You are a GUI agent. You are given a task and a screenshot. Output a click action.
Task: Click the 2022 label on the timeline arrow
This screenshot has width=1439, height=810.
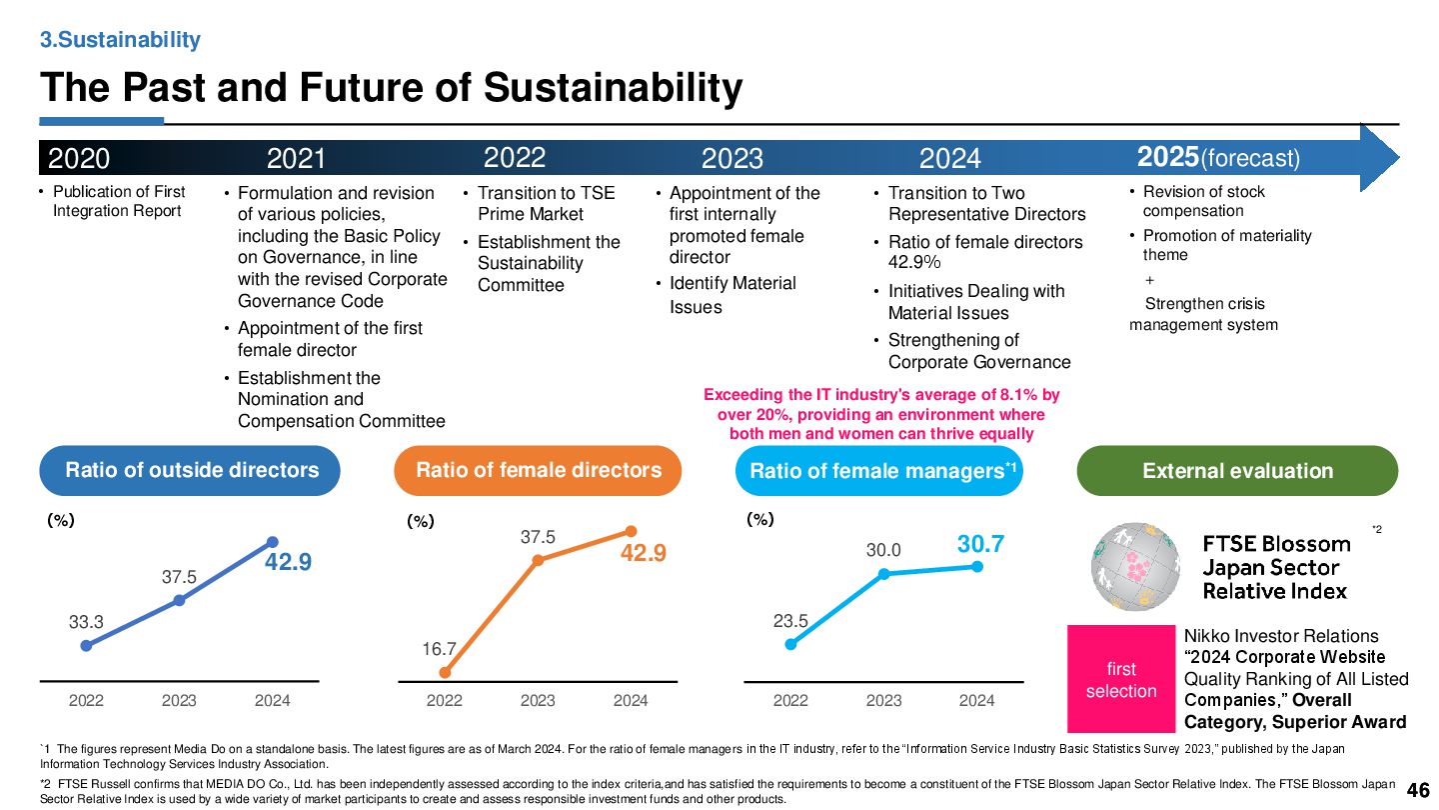(515, 157)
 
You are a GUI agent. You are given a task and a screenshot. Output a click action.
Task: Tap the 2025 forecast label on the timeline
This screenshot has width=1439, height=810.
(1218, 157)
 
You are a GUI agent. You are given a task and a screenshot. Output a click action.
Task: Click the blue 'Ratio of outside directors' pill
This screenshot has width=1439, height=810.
(191, 470)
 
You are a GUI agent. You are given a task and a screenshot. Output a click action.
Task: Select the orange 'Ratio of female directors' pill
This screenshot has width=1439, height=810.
(538, 470)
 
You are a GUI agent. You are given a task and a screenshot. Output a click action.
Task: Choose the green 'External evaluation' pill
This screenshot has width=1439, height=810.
(1237, 471)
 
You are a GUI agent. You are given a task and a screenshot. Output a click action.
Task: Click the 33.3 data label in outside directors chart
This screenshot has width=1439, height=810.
(86, 622)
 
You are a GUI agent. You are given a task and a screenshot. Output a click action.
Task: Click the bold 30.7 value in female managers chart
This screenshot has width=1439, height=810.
(980, 544)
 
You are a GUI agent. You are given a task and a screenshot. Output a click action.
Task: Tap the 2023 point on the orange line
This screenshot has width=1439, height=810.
(538, 560)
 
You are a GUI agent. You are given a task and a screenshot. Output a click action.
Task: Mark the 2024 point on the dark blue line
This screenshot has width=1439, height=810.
(272, 542)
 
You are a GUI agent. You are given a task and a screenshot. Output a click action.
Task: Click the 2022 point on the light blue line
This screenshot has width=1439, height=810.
(790, 644)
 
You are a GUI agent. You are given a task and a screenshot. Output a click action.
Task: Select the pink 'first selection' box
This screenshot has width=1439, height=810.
(1121, 679)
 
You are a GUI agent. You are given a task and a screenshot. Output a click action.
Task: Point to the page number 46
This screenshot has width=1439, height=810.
(1417, 791)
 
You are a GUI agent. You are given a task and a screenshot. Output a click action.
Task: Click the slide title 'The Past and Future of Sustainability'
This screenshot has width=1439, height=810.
(391, 88)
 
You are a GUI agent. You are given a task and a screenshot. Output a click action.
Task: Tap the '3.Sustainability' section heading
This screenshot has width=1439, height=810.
(120, 40)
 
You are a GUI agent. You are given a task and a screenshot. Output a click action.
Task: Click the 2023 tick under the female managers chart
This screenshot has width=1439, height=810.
(883, 701)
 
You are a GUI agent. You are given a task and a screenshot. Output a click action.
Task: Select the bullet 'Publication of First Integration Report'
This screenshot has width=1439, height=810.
(118, 201)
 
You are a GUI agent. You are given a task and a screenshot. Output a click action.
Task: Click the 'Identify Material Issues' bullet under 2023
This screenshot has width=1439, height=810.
(731, 295)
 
